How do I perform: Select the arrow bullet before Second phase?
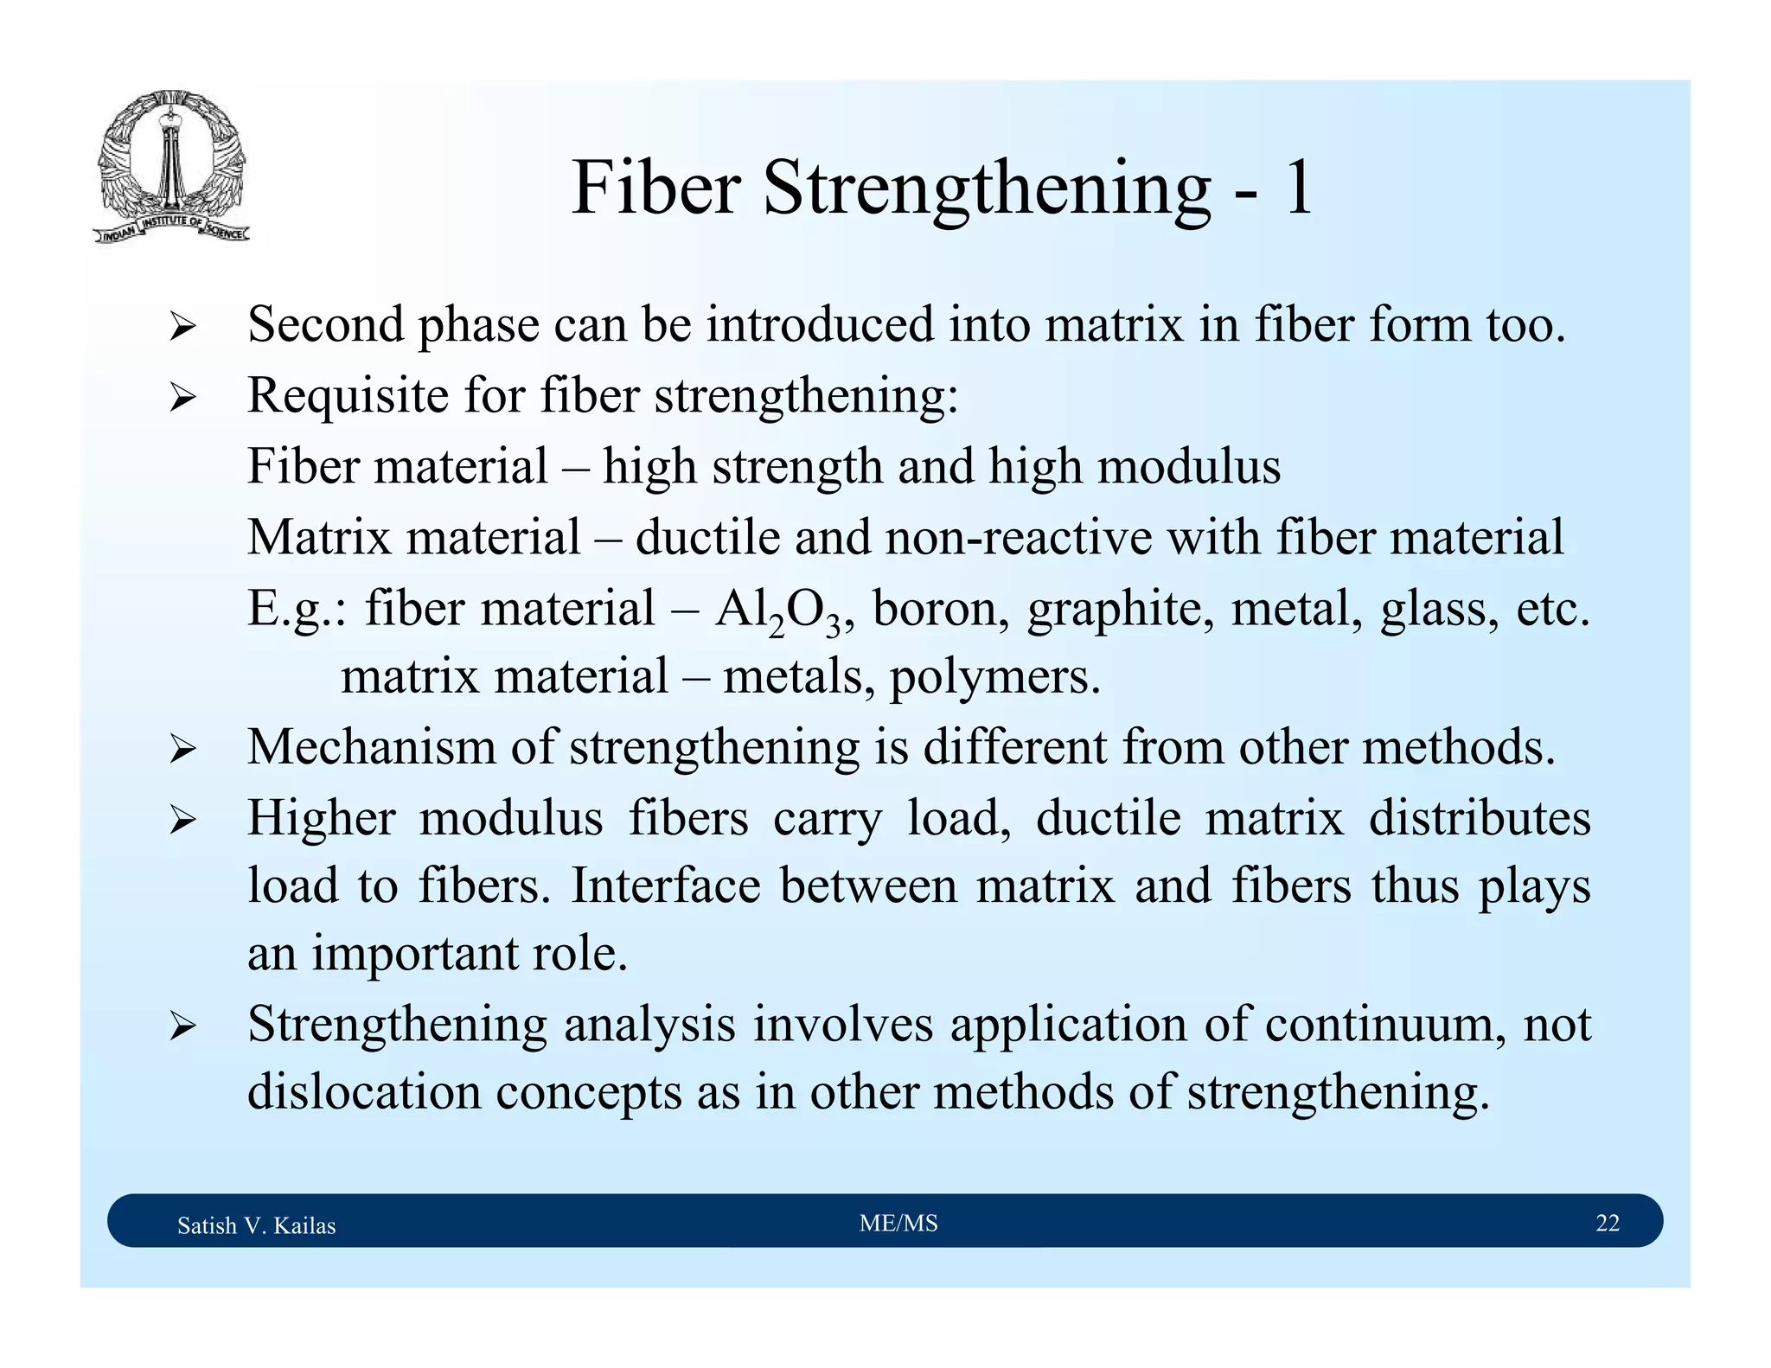pos(182,328)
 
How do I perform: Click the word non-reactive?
pos(1019,537)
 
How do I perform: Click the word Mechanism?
pos(371,747)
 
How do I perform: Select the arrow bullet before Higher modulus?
pos(182,819)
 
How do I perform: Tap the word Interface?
pos(665,887)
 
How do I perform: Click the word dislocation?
pos(363,1093)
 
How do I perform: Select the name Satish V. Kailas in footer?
pos(256,1226)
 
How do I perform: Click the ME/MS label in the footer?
pos(898,1224)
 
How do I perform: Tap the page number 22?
pos(1607,1224)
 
